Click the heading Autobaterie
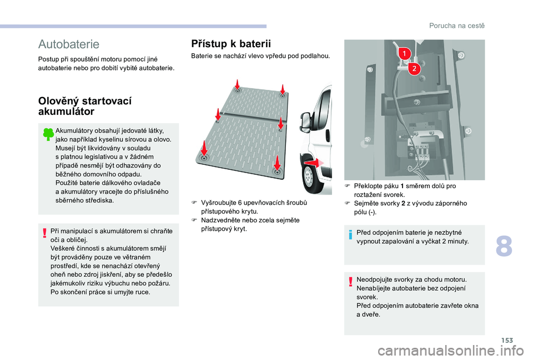[69, 44]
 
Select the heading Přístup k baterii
[230, 43]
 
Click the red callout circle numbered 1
[404, 53]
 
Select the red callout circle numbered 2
[414, 69]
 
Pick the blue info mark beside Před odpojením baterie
[351, 237]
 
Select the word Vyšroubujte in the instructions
[218, 203]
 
